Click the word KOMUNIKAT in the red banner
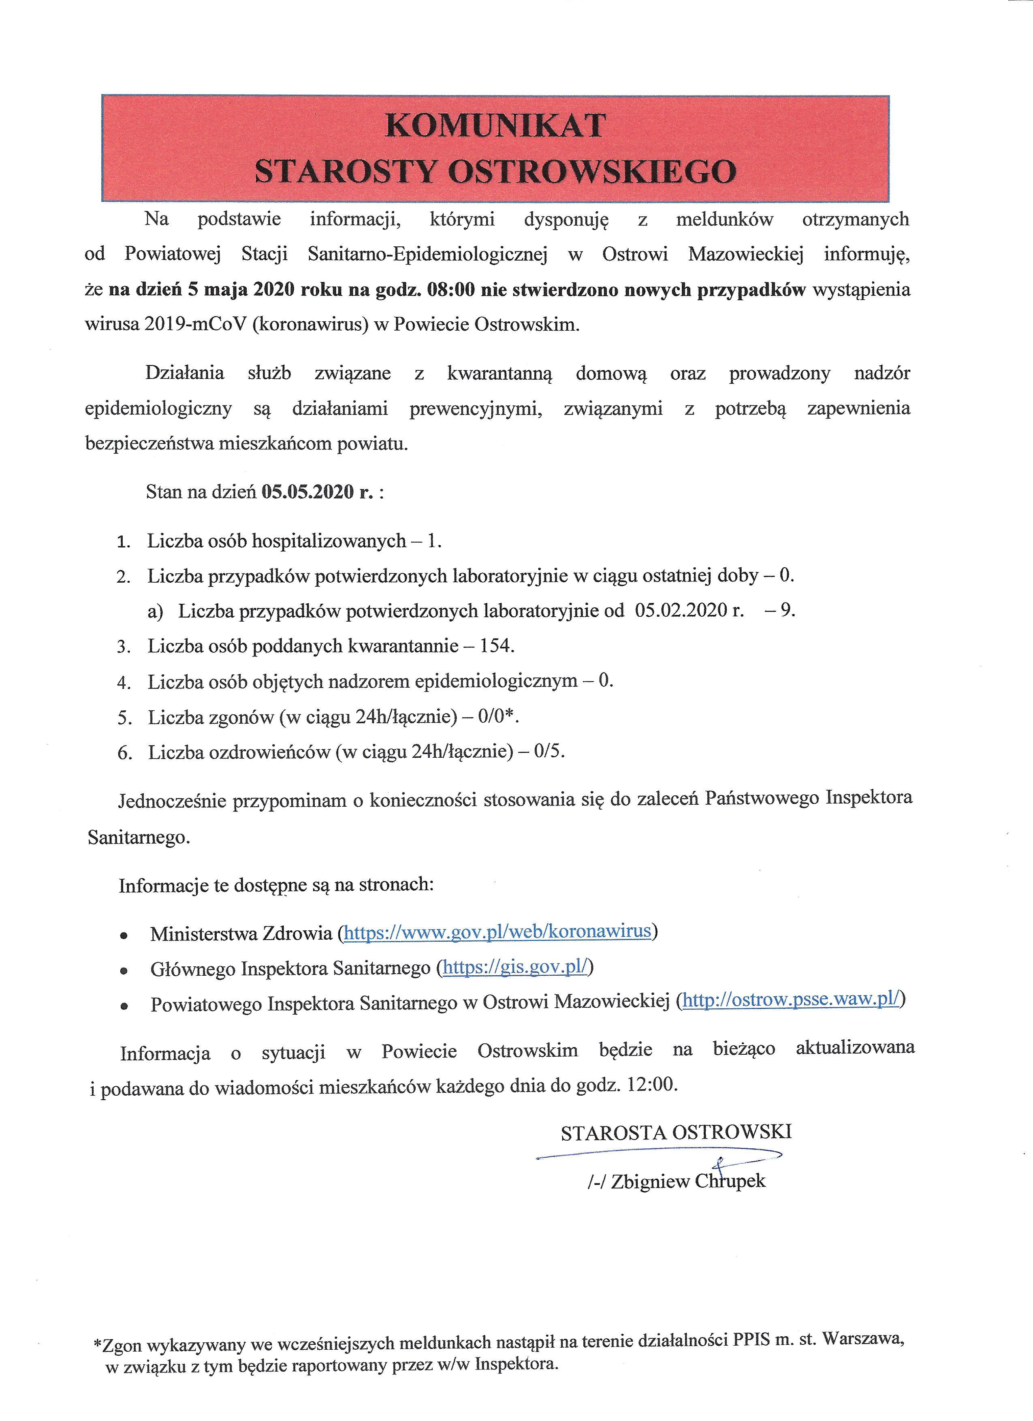[x=495, y=125]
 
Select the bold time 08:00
[x=450, y=290]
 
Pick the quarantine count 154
[x=495, y=646]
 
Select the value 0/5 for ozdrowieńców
[x=548, y=752]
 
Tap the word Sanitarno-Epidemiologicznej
[x=428, y=254]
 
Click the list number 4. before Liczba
[x=124, y=682]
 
